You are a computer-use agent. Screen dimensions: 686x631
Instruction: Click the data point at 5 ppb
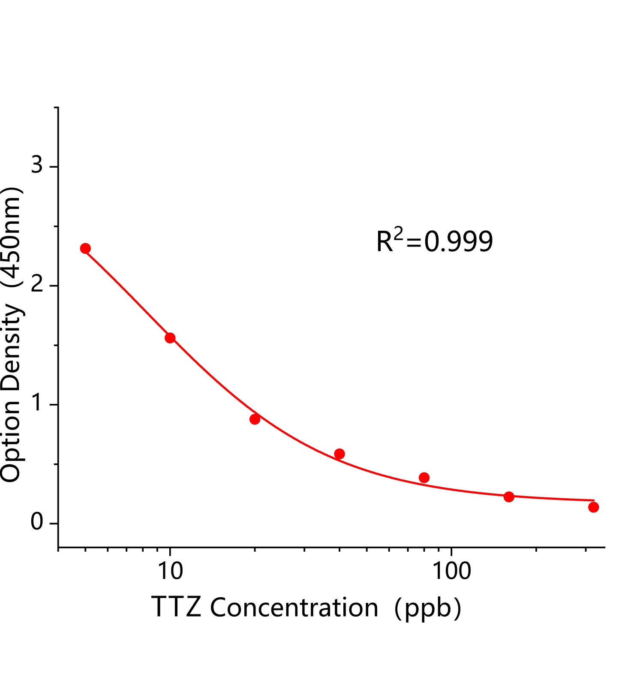coord(85,248)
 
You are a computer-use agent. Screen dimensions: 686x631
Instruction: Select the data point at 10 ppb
coord(170,338)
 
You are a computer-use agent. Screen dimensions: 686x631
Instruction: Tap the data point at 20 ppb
coord(255,419)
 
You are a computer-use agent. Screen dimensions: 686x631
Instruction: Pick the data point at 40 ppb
coord(339,454)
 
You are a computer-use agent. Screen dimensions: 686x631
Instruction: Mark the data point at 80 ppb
coord(424,478)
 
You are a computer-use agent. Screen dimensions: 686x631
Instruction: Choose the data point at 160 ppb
coord(509,497)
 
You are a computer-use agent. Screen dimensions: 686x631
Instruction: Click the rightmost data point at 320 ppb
coord(593,507)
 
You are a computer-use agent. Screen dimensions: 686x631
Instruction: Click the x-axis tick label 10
coord(170,571)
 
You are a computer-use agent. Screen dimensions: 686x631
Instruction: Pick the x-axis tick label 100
coord(451,571)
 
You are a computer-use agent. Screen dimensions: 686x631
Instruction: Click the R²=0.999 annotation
coord(434,241)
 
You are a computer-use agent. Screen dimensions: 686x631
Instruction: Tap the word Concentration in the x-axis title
coord(294,608)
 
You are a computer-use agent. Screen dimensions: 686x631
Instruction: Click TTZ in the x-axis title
coord(176,608)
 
